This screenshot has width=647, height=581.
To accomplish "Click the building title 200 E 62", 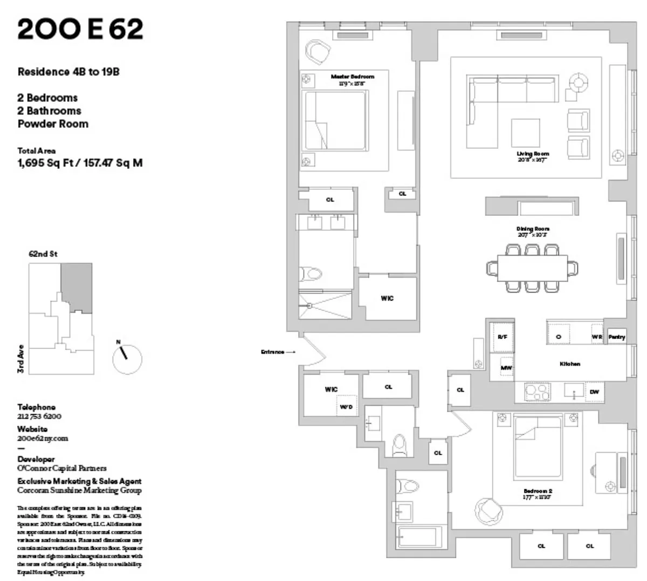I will click(80, 30).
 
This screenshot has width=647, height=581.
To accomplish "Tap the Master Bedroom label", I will click(352, 77).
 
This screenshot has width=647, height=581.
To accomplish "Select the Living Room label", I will click(533, 154).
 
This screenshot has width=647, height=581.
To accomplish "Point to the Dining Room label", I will click(533, 229).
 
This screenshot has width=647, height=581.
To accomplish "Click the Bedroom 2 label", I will click(538, 491).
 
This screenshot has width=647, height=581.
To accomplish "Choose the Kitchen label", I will click(569, 364).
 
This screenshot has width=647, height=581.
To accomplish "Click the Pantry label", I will click(617, 337).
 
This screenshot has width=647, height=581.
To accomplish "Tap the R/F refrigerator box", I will click(502, 337).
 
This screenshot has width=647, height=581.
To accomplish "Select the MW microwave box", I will click(506, 368).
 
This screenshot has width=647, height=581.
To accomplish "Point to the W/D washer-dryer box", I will click(346, 406).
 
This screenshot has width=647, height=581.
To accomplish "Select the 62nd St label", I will click(43, 254).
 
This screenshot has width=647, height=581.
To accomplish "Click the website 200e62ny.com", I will click(43, 439).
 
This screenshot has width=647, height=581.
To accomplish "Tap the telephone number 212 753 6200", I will click(39, 416).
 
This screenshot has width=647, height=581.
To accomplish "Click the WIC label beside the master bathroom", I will click(387, 298).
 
